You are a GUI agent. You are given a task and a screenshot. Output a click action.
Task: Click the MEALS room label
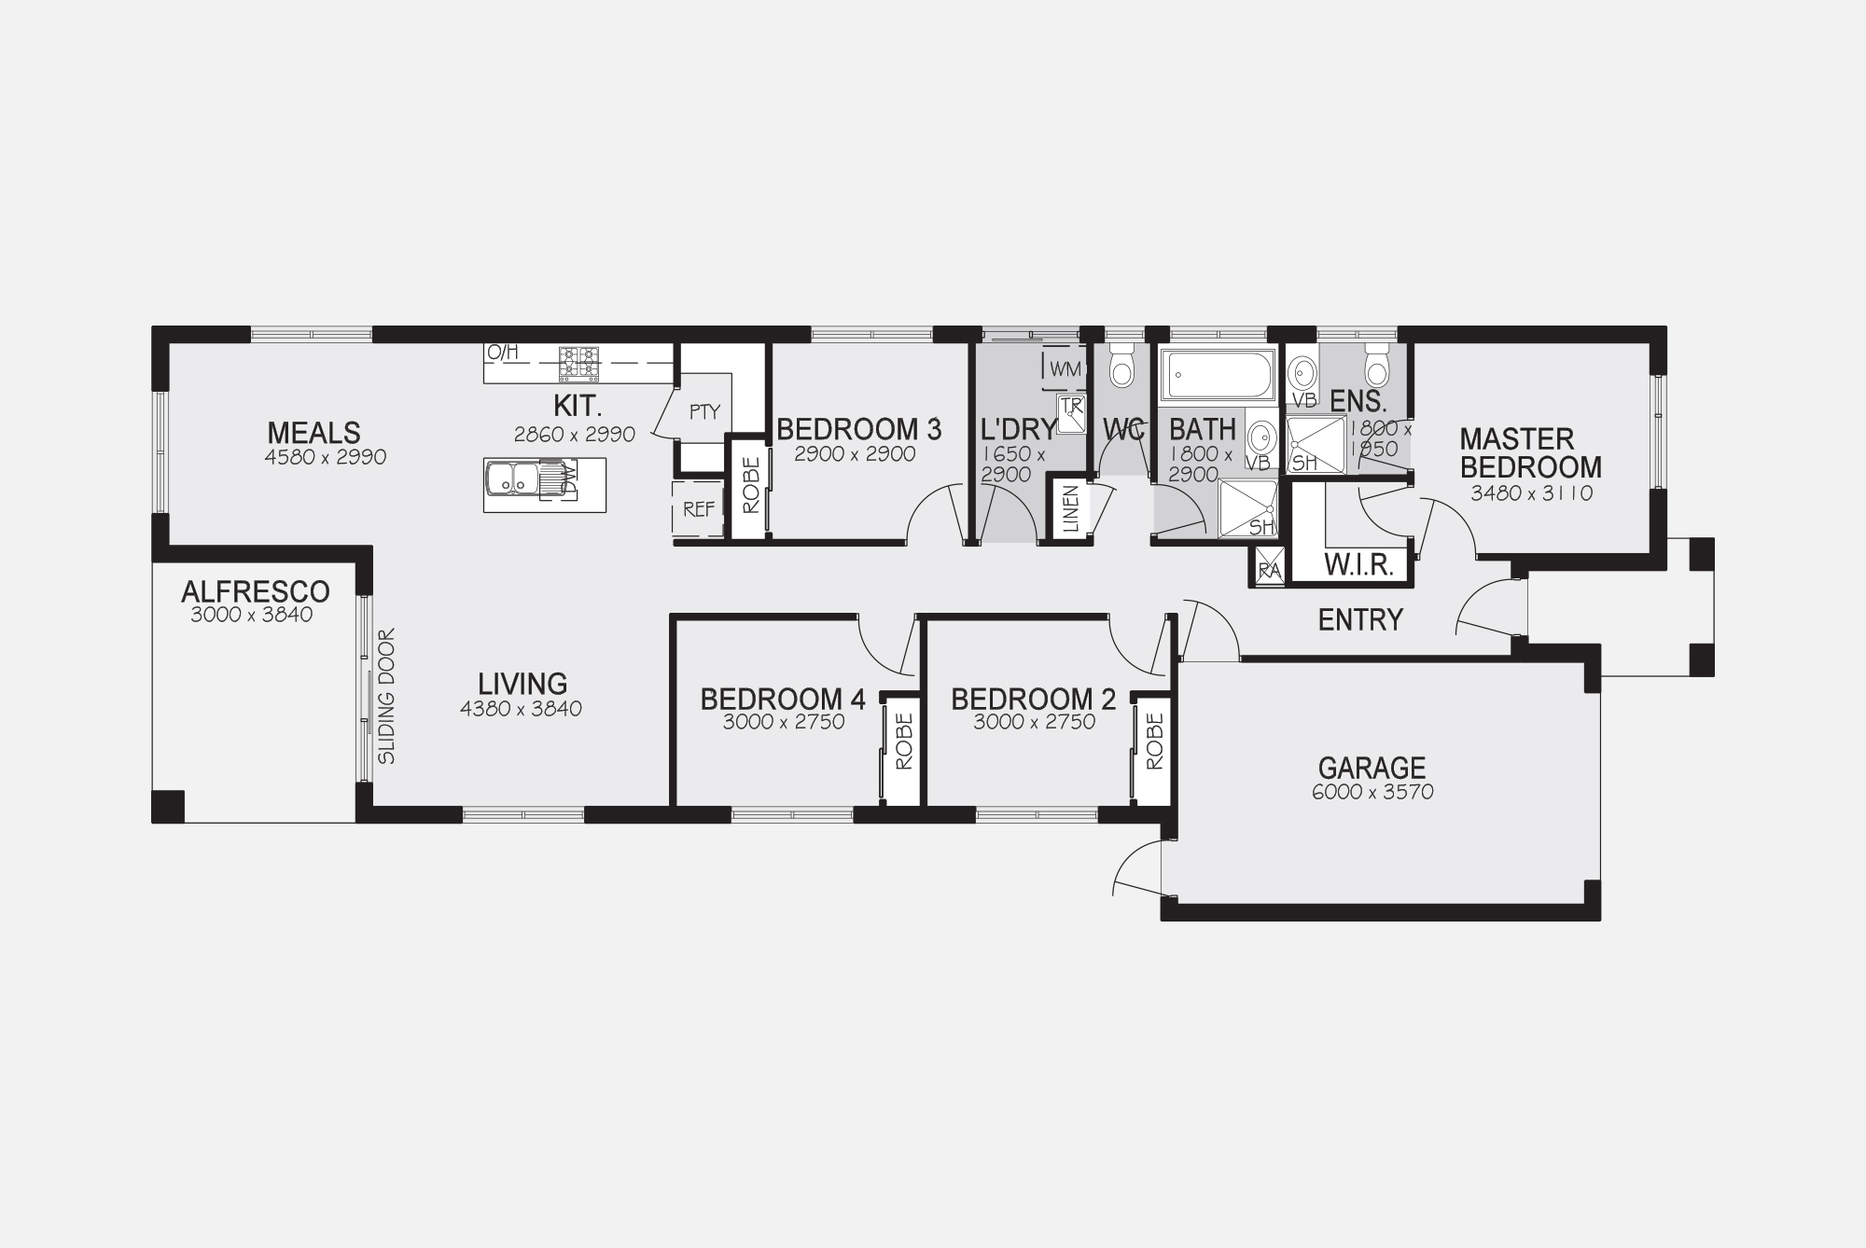click(x=313, y=433)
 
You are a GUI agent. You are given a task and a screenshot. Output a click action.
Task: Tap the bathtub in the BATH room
click(x=1217, y=375)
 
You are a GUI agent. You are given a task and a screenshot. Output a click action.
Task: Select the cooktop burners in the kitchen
click(x=578, y=364)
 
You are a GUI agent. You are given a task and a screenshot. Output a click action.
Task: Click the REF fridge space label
click(x=699, y=509)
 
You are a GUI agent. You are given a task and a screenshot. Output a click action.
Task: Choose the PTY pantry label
click(x=705, y=411)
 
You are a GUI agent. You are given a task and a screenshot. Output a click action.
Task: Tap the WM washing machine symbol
click(x=1065, y=368)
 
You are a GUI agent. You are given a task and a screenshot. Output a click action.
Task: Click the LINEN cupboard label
click(x=1070, y=509)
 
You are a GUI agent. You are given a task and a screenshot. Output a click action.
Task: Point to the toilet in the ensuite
click(x=1377, y=366)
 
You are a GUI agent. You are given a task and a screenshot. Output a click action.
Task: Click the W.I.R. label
click(x=1359, y=565)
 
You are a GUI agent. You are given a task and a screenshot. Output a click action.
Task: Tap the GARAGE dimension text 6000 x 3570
click(x=1372, y=793)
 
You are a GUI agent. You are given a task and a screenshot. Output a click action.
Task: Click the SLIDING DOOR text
click(x=387, y=697)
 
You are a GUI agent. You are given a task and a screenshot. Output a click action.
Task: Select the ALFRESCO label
click(x=256, y=591)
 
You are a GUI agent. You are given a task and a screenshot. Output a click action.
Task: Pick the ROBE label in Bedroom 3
click(x=751, y=485)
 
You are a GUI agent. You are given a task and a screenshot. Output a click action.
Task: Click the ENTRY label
click(x=1360, y=620)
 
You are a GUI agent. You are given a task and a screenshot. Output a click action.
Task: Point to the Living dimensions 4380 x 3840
click(x=521, y=709)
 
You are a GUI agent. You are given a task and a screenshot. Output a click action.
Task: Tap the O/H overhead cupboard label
click(x=502, y=353)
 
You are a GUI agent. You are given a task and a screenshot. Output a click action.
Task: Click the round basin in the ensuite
click(x=1302, y=373)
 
